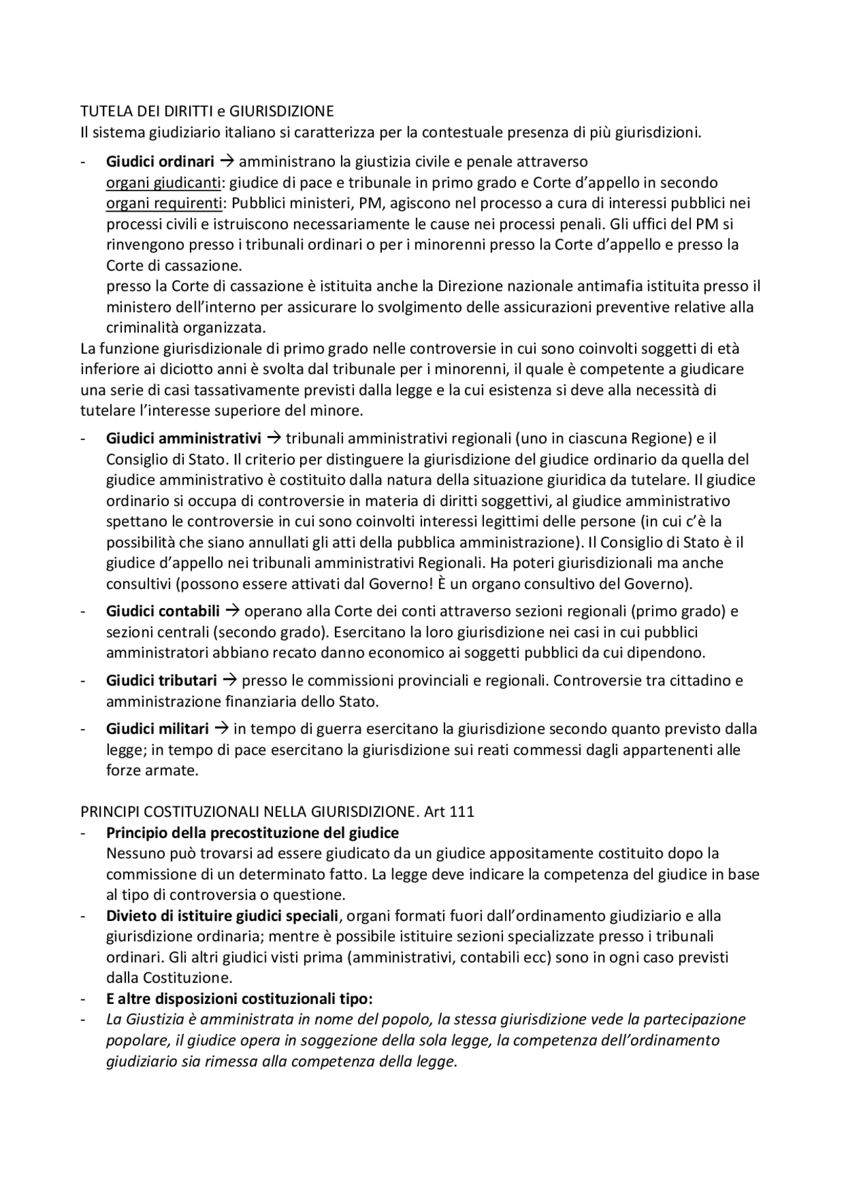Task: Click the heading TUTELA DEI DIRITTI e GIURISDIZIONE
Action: tap(207, 111)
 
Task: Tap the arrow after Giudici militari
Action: tap(222, 729)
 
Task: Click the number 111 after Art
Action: tap(462, 812)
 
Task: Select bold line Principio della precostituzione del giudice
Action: tap(253, 833)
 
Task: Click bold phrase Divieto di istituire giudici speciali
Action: tap(222, 916)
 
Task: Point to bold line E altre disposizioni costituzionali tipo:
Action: tap(240, 999)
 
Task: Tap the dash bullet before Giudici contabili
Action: tap(83, 611)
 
